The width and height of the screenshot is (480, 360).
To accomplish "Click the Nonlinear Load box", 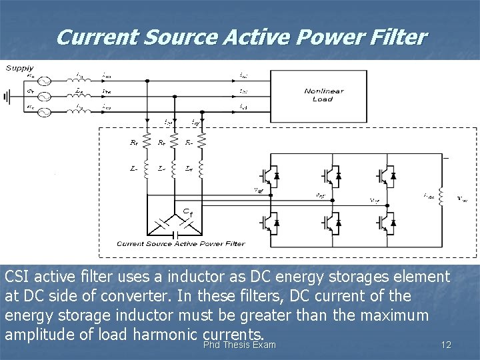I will [319, 95].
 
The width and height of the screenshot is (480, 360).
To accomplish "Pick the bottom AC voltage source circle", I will [44, 112].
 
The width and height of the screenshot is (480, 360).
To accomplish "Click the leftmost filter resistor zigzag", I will [147, 142].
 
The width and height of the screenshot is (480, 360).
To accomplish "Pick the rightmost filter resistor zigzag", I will [201, 142].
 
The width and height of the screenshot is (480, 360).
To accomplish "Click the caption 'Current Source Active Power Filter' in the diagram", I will [181, 244].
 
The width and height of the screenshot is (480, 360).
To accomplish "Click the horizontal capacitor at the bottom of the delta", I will [174, 234].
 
